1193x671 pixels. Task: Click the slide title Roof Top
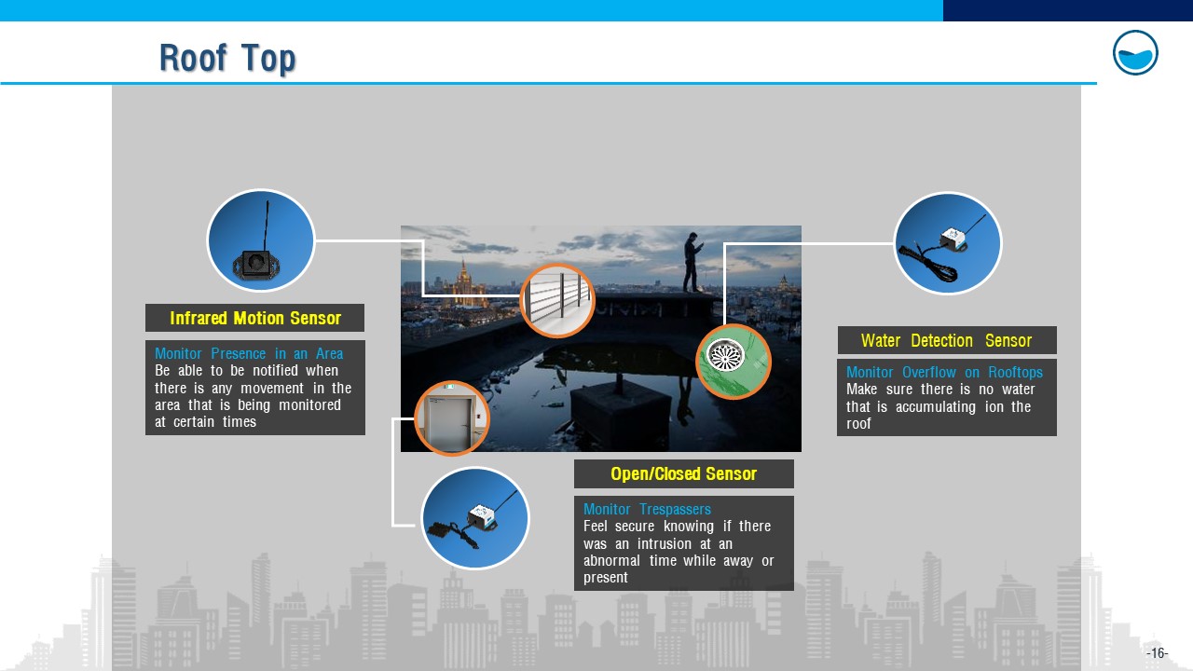pyautogui.click(x=227, y=58)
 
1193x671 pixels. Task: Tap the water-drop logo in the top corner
pyautogui.click(x=1135, y=53)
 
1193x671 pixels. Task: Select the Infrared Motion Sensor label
pyautogui.click(x=255, y=318)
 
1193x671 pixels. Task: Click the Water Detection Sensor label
pyautogui.click(x=947, y=340)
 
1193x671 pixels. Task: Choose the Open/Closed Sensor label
pyautogui.click(x=684, y=473)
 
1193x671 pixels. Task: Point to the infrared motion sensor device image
pyautogui.click(x=261, y=240)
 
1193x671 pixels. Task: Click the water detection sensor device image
pyautogui.click(x=948, y=243)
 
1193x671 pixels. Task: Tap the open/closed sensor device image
pyautogui.click(x=475, y=518)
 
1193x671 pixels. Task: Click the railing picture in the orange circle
pyautogui.click(x=557, y=301)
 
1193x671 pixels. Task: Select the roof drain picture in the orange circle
pyautogui.click(x=734, y=362)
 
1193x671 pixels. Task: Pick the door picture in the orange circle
pyautogui.click(x=452, y=418)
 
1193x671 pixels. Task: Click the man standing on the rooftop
pyautogui.click(x=692, y=262)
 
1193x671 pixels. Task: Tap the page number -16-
pyautogui.click(x=1157, y=653)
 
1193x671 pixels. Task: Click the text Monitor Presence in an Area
pyautogui.click(x=249, y=353)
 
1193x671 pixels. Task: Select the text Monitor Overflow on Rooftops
pyautogui.click(x=944, y=372)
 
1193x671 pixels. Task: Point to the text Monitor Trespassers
pyautogui.click(x=647, y=509)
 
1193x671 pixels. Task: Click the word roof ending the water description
pyautogui.click(x=858, y=424)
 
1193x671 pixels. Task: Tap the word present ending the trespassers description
pyautogui.click(x=606, y=578)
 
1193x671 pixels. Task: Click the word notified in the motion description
pyautogui.click(x=275, y=371)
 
